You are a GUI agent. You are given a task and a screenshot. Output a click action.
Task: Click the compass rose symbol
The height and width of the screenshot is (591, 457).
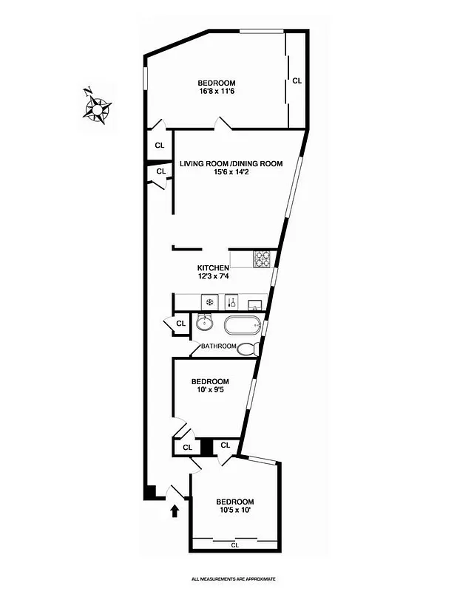97,108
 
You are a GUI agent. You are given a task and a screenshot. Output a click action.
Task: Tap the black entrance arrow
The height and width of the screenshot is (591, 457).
175,510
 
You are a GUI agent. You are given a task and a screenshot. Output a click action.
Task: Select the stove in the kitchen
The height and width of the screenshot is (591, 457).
263,259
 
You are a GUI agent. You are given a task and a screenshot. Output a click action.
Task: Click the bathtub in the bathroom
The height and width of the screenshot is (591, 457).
242,325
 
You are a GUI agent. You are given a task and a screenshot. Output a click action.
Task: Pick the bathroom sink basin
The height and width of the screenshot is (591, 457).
204,323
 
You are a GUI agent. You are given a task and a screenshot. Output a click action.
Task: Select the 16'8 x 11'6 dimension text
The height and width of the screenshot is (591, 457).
216,92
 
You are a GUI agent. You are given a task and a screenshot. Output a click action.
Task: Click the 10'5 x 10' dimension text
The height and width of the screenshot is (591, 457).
236,510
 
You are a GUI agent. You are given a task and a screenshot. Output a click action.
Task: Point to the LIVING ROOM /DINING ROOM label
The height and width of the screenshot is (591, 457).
231,164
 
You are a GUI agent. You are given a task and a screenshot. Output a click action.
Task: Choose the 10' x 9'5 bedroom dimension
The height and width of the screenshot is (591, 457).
210,391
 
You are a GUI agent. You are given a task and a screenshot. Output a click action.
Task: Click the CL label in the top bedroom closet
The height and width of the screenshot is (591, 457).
297,81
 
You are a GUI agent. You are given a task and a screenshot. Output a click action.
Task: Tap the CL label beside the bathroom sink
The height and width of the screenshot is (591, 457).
180,323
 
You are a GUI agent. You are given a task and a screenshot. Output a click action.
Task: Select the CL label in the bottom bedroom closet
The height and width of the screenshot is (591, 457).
235,545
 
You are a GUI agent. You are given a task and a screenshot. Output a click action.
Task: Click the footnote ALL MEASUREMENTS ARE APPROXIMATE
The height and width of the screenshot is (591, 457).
234,578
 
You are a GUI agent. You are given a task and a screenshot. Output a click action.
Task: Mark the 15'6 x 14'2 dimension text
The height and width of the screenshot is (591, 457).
231,173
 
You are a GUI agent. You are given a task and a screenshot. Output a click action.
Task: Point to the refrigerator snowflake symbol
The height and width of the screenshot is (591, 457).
209,301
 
